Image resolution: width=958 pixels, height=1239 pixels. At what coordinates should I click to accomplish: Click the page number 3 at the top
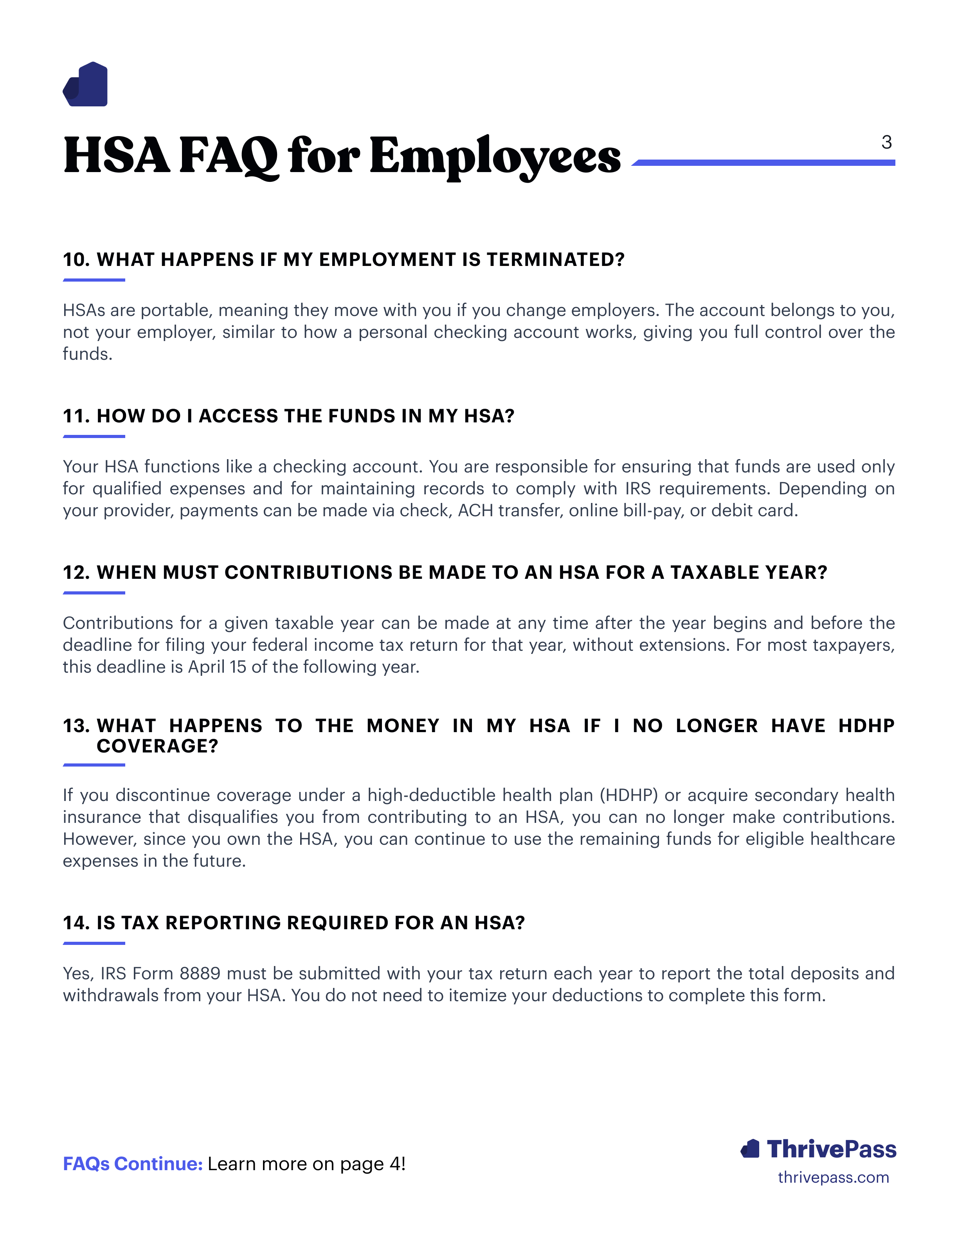[886, 142]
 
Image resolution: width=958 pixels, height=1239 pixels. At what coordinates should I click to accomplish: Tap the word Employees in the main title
[495, 156]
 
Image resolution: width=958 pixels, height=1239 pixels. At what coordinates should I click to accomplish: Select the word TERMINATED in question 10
[555, 259]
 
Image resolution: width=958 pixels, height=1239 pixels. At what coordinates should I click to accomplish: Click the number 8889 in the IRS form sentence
[200, 973]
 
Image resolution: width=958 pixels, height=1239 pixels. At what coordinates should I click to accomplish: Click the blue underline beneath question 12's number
[94, 593]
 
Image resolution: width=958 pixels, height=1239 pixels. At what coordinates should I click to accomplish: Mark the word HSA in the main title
[116, 156]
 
